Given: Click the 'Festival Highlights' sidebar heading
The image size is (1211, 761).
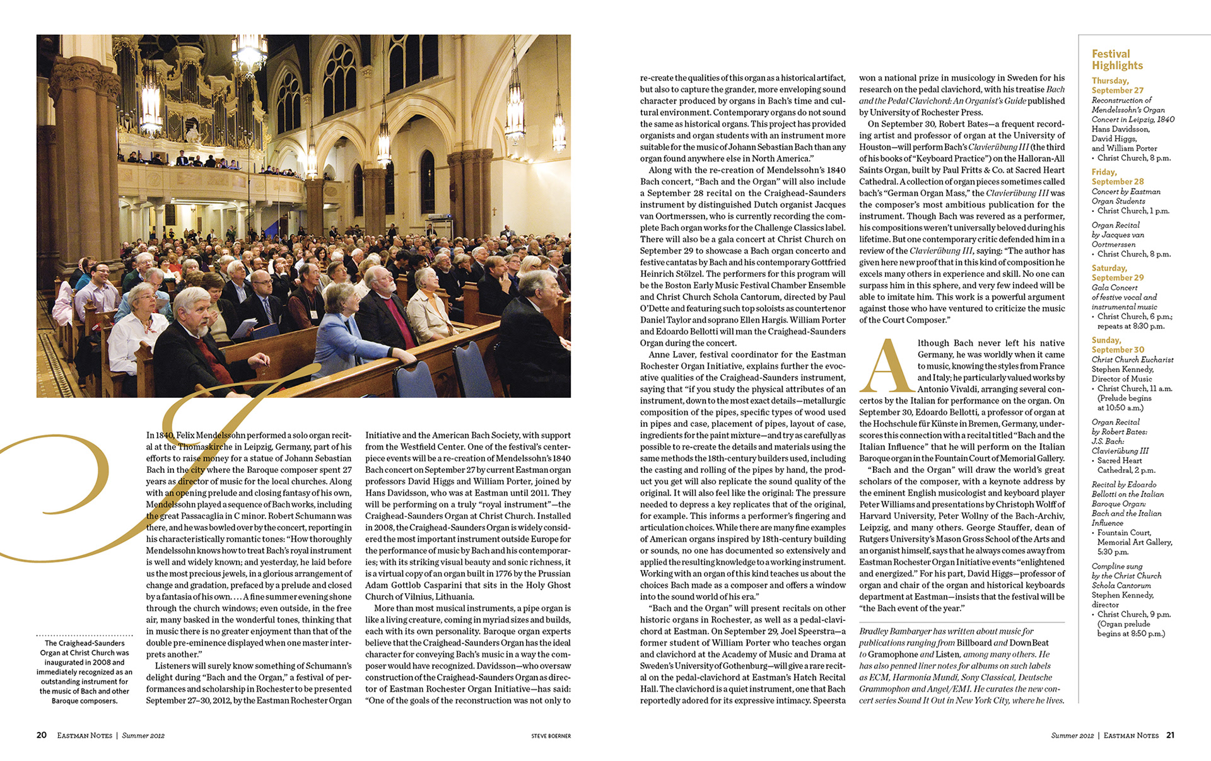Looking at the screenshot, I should pos(1117,60).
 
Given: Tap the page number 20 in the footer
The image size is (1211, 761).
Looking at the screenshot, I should pos(42,735).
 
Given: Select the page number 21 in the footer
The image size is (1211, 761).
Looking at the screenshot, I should pos(1170,735).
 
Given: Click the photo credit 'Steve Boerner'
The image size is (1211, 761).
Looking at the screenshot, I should pos(551,736).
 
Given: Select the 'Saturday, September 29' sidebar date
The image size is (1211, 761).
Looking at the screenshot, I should pos(1117,272).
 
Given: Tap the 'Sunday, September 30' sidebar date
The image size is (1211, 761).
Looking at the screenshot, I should pos(1117,345).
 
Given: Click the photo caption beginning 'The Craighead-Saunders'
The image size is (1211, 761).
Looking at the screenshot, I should pos(84,671).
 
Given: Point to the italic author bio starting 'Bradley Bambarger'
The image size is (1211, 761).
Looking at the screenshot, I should pos(961,666).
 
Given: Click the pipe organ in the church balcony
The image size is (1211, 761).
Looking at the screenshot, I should pos(189,107).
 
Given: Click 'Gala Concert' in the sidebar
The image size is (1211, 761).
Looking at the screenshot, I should pos(1114,288).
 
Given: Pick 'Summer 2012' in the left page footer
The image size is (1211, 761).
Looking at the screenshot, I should pos(143,736).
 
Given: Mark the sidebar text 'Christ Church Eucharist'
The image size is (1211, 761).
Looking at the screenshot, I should pos(1132,359).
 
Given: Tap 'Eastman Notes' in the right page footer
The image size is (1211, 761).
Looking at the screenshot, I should pos(1131,736).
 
